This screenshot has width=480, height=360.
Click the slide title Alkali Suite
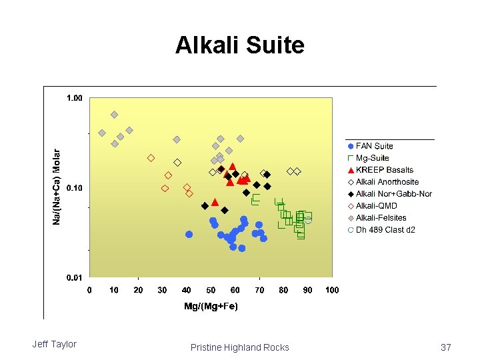tap(239, 45)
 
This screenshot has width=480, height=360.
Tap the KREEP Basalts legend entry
tap(384, 170)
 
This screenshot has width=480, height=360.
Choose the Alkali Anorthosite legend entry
tap(387, 182)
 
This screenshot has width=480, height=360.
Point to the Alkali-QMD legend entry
tap(376, 206)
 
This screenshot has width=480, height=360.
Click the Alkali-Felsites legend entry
tap(381, 218)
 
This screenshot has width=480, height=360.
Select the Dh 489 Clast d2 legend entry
tap(385, 230)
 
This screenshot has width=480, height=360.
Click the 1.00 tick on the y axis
tap(74, 98)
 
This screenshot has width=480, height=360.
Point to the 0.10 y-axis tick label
tap(74, 188)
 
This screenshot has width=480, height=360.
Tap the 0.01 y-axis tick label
tap(74, 277)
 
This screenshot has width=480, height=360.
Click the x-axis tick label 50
tap(211, 290)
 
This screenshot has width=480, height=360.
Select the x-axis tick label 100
tap(332, 290)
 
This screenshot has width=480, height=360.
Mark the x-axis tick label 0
tap(90, 290)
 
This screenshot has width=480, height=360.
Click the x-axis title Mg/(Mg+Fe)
tap(211, 306)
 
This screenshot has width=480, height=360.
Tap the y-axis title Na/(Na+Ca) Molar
tap(57, 186)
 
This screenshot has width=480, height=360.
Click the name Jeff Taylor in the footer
tap(55, 344)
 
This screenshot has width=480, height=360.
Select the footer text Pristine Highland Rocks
tap(239, 347)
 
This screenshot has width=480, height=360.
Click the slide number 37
tap(446, 347)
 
